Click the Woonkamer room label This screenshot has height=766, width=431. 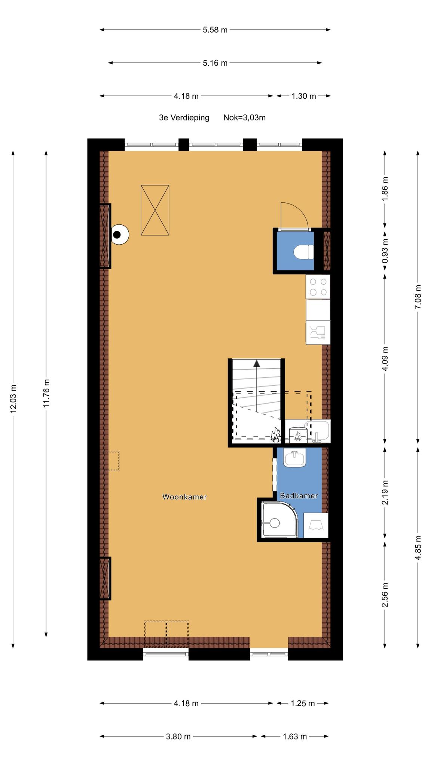tap(184, 497)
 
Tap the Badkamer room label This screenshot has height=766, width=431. tap(299, 496)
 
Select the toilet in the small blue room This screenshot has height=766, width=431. tap(303, 252)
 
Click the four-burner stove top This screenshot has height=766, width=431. tap(318, 287)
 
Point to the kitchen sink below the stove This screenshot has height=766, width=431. tap(318, 333)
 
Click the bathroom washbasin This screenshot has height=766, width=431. tap(295, 458)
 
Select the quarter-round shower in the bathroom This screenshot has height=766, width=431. tap(279, 520)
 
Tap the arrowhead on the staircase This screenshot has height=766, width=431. tap(257, 363)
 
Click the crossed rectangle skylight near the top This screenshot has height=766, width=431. tap(155, 210)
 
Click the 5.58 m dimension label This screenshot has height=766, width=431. tap(215, 30)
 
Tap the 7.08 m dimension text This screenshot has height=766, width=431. tap(418, 297)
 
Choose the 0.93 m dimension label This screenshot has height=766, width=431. tap(385, 251)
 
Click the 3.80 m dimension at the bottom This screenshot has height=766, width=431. tap(178, 736)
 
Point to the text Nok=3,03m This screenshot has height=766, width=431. tap(245, 117)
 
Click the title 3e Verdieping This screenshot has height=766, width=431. tap(184, 118)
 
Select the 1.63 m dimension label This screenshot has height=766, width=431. tap(294, 736)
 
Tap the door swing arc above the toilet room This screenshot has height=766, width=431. tap(302, 211)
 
